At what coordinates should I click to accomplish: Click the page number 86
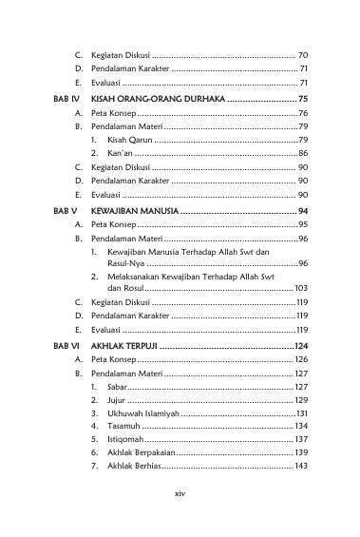click(301, 152)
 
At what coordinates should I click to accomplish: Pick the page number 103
click(299, 287)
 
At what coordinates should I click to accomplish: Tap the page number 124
click(299, 346)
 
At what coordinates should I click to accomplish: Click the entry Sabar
click(119, 387)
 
